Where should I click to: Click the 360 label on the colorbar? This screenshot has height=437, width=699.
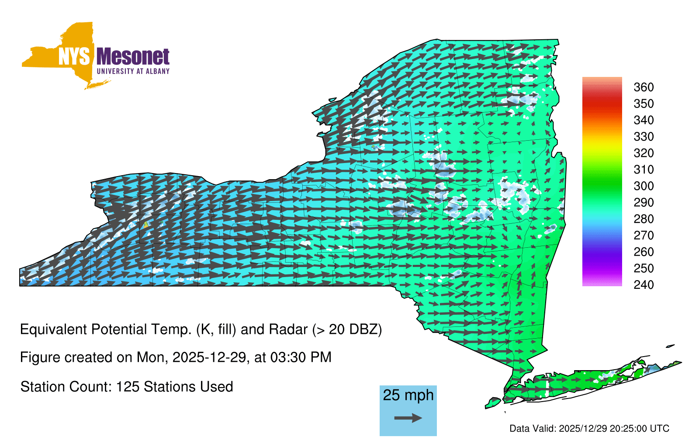(644, 87)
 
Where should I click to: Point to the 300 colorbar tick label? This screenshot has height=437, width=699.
(644, 186)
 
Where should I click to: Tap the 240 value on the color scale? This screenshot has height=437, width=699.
(644, 284)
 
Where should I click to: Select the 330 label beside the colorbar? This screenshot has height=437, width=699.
(644, 137)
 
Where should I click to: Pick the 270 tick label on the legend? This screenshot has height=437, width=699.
(644, 236)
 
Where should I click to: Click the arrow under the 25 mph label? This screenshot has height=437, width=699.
(408, 418)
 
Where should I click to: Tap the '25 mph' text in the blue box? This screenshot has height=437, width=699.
(408, 395)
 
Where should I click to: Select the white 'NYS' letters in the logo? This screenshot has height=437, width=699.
(74, 56)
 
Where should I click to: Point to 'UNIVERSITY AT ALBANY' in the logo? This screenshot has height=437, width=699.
(133, 71)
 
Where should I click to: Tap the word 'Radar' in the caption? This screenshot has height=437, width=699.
(288, 329)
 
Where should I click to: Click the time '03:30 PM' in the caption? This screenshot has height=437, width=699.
(301, 357)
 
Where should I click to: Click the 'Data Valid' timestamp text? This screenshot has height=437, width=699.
(589, 429)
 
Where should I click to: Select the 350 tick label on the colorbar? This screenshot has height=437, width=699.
(644, 104)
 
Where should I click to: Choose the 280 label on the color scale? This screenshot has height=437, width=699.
(644, 219)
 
